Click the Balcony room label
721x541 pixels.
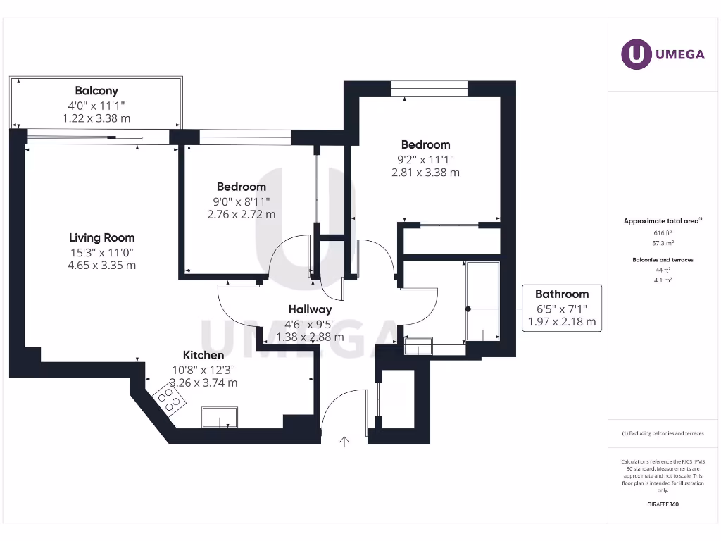(x=96, y=90)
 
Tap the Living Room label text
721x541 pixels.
(x=101, y=237)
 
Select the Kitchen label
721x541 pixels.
(x=203, y=355)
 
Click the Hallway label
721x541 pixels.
(x=310, y=309)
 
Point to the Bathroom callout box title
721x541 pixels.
(x=561, y=294)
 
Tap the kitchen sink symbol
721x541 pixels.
(x=219, y=418)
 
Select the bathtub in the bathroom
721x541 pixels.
(x=483, y=301)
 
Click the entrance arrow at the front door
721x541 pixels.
(x=344, y=442)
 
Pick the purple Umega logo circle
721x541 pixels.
(x=636, y=54)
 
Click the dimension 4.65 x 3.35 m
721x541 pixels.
(x=101, y=266)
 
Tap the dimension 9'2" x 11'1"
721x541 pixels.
(x=425, y=159)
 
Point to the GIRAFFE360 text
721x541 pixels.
(x=662, y=504)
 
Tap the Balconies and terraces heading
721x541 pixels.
(x=662, y=260)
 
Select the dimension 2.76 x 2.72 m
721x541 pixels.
(x=241, y=214)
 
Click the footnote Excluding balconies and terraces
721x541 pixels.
(x=662, y=433)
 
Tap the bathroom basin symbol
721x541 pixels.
(x=419, y=347)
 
